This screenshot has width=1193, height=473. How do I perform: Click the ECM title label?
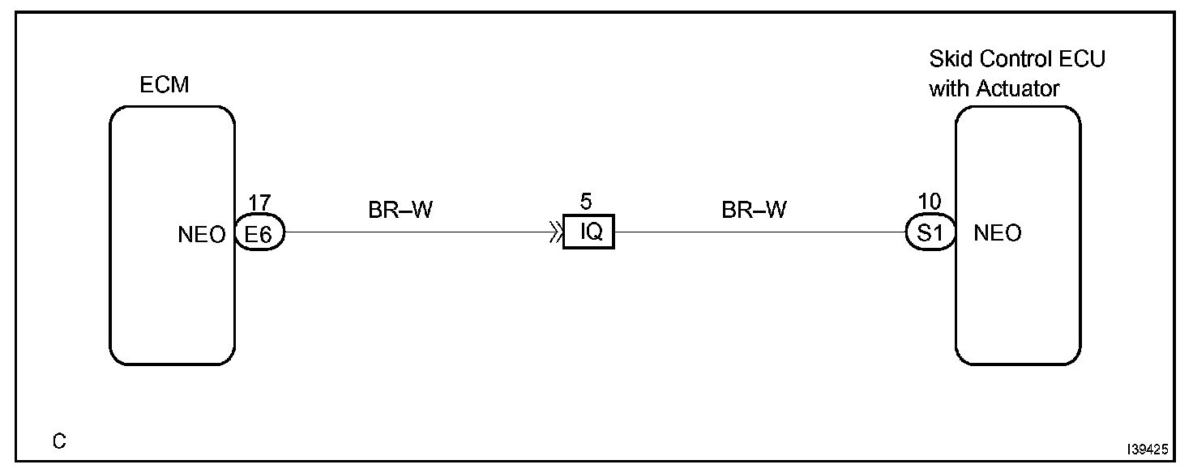point(165,85)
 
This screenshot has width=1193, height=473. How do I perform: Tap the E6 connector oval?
point(259,234)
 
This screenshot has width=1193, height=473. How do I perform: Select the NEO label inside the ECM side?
point(203,235)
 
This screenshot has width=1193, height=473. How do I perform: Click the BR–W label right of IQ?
point(754,211)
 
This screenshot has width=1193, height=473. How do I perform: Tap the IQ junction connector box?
point(589,234)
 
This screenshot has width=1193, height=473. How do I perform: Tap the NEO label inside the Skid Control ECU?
point(998,235)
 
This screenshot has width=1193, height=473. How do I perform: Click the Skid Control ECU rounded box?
point(1018,308)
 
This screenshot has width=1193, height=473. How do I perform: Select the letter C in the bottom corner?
point(60,442)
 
